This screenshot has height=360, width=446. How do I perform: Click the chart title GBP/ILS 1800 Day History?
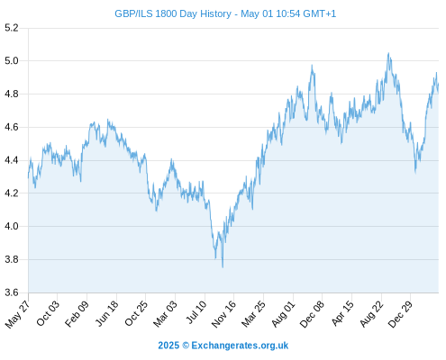point(173,13)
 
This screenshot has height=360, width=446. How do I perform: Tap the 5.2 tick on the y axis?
point(12,28)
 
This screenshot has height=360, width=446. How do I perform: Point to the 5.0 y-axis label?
point(12,61)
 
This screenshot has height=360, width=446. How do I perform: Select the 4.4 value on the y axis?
point(12,160)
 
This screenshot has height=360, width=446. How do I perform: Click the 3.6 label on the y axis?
point(12,292)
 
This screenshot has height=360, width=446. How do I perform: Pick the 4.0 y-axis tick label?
point(12,226)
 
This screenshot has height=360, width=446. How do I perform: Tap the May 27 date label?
point(17,314)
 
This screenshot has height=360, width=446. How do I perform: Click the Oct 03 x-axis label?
point(48,313)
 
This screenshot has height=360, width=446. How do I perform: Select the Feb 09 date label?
point(77,313)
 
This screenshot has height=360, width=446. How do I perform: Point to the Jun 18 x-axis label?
point(107,313)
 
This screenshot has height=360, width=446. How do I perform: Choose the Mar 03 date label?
point(165,314)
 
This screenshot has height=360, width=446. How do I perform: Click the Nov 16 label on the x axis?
point(223,314)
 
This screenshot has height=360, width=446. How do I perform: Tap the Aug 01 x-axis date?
point(283,314)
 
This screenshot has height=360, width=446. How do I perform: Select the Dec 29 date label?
point(400,314)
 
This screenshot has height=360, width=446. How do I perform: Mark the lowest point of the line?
point(223,267)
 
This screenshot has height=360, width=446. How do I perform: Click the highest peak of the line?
point(388,53)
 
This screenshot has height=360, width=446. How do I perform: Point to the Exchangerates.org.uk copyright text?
point(240,346)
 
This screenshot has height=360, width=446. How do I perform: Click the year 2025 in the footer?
point(168,346)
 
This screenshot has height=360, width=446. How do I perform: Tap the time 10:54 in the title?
point(288,13)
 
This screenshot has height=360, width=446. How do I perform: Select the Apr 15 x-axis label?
point(342,313)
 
